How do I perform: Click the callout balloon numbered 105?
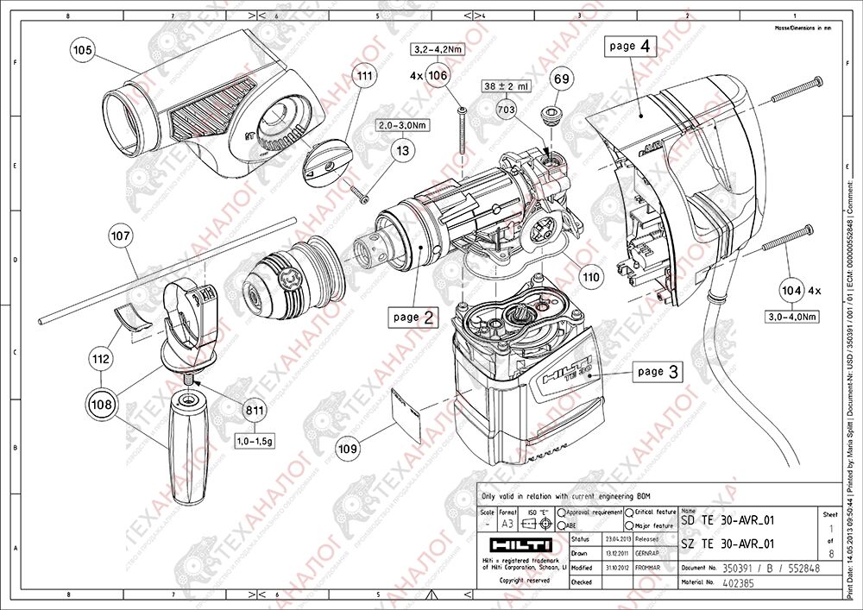[83, 51]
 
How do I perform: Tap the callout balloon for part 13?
[403, 150]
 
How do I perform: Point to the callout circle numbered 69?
[563, 80]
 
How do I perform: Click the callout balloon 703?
[507, 110]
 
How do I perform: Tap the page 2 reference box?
[413, 317]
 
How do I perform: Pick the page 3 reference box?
[658, 372]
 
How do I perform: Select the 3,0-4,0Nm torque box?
[793, 317]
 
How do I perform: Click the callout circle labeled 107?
[120, 234]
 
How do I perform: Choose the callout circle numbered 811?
[255, 411]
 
